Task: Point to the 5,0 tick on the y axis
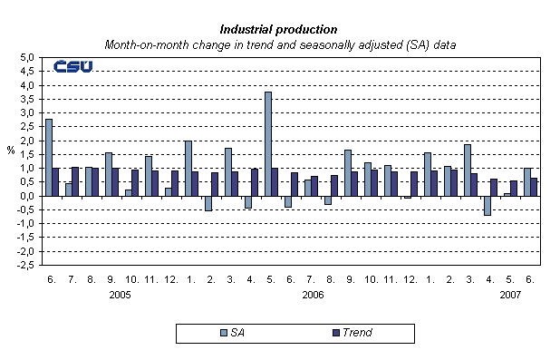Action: point(26,57)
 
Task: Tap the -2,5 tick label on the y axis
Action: point(24,266)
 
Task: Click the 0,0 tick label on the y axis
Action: point(26,196)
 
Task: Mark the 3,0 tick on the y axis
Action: point(26,112)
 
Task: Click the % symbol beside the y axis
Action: point(11,150)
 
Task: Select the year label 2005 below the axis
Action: point(119,295)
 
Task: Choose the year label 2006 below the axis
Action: point(313,295)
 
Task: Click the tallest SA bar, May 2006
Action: point(267,143)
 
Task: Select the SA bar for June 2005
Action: point(48,157)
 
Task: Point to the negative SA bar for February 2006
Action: point(208,203)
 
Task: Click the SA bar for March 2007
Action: point(466,170)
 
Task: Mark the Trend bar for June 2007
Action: point(535,187)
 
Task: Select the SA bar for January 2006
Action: point(188,168)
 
